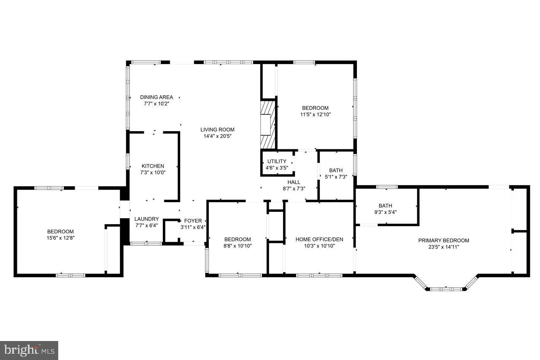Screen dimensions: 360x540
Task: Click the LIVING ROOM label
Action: [x=217, y=130]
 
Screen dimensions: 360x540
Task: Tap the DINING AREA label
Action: [x=157, y=97]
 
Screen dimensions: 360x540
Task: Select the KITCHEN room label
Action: [x=153, y=166]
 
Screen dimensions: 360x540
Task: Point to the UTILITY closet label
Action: [x=277, y=161]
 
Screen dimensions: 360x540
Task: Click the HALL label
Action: [x=294, y=182]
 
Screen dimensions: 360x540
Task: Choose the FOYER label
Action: [x=193, y=221]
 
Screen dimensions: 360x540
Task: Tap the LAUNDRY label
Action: [x=146, y=219]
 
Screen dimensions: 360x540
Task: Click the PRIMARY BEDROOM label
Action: [x=443, y=241]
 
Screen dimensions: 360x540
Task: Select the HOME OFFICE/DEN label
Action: [x=319, y=239]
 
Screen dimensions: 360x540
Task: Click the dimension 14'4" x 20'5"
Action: [x=217, y=136]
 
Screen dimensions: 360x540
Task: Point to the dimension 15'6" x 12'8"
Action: [x=60, y=238]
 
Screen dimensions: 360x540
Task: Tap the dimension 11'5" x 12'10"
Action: [x=315, y=114]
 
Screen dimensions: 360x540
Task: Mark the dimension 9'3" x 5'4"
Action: [x=385, y=212]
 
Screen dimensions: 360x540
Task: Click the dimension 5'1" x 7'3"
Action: [x=336, y=177]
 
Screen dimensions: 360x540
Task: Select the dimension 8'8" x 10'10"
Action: [x=238, y=246]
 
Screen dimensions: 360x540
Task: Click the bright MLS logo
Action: [x=29, y=350]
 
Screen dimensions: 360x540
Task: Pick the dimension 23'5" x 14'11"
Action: [x=443, y=247]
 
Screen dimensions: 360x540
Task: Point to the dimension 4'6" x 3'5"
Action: [x=277, y=168]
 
